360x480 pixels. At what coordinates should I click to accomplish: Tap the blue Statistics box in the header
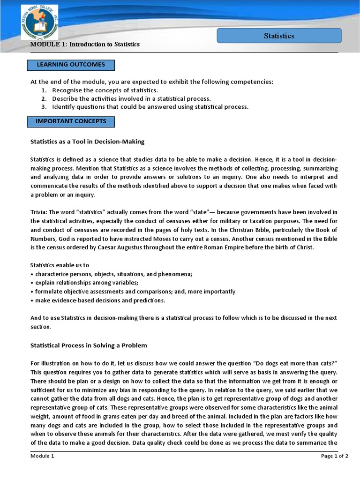point(279,36)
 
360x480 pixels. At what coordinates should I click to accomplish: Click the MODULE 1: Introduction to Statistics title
point(85,44)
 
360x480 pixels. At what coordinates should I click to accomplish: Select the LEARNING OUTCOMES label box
point(71,65)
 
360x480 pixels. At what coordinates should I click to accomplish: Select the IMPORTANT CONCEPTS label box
point(71,121)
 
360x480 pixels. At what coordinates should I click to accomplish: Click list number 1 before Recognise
point(43,90)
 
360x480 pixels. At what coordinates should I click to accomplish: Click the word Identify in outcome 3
point(63,107)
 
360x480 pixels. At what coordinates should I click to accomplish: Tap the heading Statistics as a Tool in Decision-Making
point(87,141)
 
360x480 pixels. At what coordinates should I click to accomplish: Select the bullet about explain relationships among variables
point(84,283)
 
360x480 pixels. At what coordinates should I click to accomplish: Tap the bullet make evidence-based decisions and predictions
point(98,300)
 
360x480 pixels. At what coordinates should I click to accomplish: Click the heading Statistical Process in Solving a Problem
point(89,345)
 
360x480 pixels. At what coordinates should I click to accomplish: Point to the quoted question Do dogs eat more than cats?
point(291,363)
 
